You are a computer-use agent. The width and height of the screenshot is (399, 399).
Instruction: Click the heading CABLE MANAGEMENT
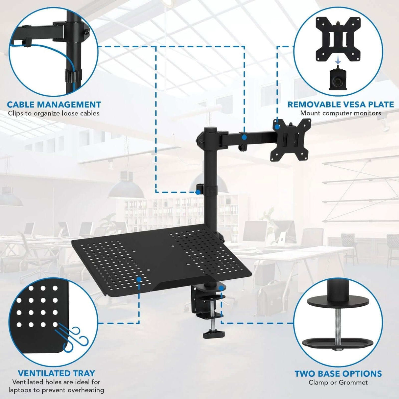[54, 105]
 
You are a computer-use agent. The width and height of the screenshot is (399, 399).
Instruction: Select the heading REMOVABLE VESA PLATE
[340, 105]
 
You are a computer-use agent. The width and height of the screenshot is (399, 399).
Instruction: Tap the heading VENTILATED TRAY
[56, 373]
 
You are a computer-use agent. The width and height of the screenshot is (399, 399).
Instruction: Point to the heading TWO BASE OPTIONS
[338, 374]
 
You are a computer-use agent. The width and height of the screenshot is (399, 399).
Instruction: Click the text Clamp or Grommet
[338, 383]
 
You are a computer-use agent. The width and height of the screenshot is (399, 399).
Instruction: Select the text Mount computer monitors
[340, 113]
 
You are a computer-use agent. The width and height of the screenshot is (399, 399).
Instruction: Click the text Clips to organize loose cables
[54, 113]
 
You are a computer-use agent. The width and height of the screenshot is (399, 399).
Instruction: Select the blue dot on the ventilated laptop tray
[139, 279]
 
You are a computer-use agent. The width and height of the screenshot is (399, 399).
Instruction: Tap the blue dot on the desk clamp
[222, 288]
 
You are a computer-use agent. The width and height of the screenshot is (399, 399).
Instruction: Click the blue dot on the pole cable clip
[198, 192]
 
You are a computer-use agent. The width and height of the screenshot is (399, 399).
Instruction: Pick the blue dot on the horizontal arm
[244, 137]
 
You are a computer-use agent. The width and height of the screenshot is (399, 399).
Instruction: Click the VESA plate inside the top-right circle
[338, 38]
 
